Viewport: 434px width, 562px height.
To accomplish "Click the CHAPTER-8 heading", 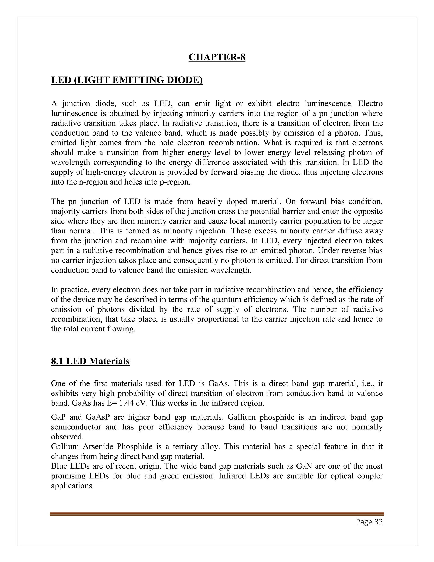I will tap(217, 57).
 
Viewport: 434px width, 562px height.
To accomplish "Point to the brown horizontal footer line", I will tap(217, 514).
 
